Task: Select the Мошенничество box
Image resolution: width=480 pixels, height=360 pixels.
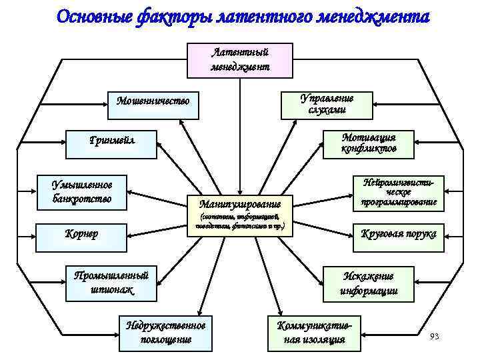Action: coord(153,101)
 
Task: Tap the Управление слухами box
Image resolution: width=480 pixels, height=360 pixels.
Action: coord(327,104)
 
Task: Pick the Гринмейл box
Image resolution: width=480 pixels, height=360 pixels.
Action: coord(112,141)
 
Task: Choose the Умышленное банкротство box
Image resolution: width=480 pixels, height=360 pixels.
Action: coord(83,191)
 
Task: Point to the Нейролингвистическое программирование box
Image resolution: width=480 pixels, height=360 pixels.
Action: coord(399,191)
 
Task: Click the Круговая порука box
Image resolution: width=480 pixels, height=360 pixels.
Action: coord(399,234)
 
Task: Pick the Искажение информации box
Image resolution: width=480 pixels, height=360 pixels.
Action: coord(369,283)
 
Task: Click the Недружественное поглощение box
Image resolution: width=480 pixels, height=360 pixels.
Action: coord(167,331)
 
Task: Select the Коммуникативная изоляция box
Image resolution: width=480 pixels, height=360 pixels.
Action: coord(314,331)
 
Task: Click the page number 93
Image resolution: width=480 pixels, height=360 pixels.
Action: coord(435,335)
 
